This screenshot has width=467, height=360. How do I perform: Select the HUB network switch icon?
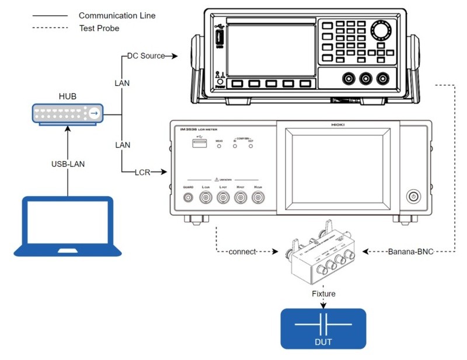tap(67, 113)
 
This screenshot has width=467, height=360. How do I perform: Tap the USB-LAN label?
tap(68, 164)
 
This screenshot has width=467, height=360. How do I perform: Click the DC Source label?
tap(146, 56)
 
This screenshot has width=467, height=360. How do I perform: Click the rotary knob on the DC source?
tap(382, 29)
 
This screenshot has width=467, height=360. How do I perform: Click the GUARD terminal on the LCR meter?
tap(189, 198)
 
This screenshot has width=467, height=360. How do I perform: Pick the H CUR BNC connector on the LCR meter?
tap(257, 198)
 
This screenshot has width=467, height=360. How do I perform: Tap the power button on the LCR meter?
tap(413, 197)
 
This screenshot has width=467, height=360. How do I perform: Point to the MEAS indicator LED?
tap(219, 146)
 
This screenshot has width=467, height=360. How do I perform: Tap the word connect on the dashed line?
tap(242, 252)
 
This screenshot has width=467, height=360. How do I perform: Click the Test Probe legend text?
tap(99, 27)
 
